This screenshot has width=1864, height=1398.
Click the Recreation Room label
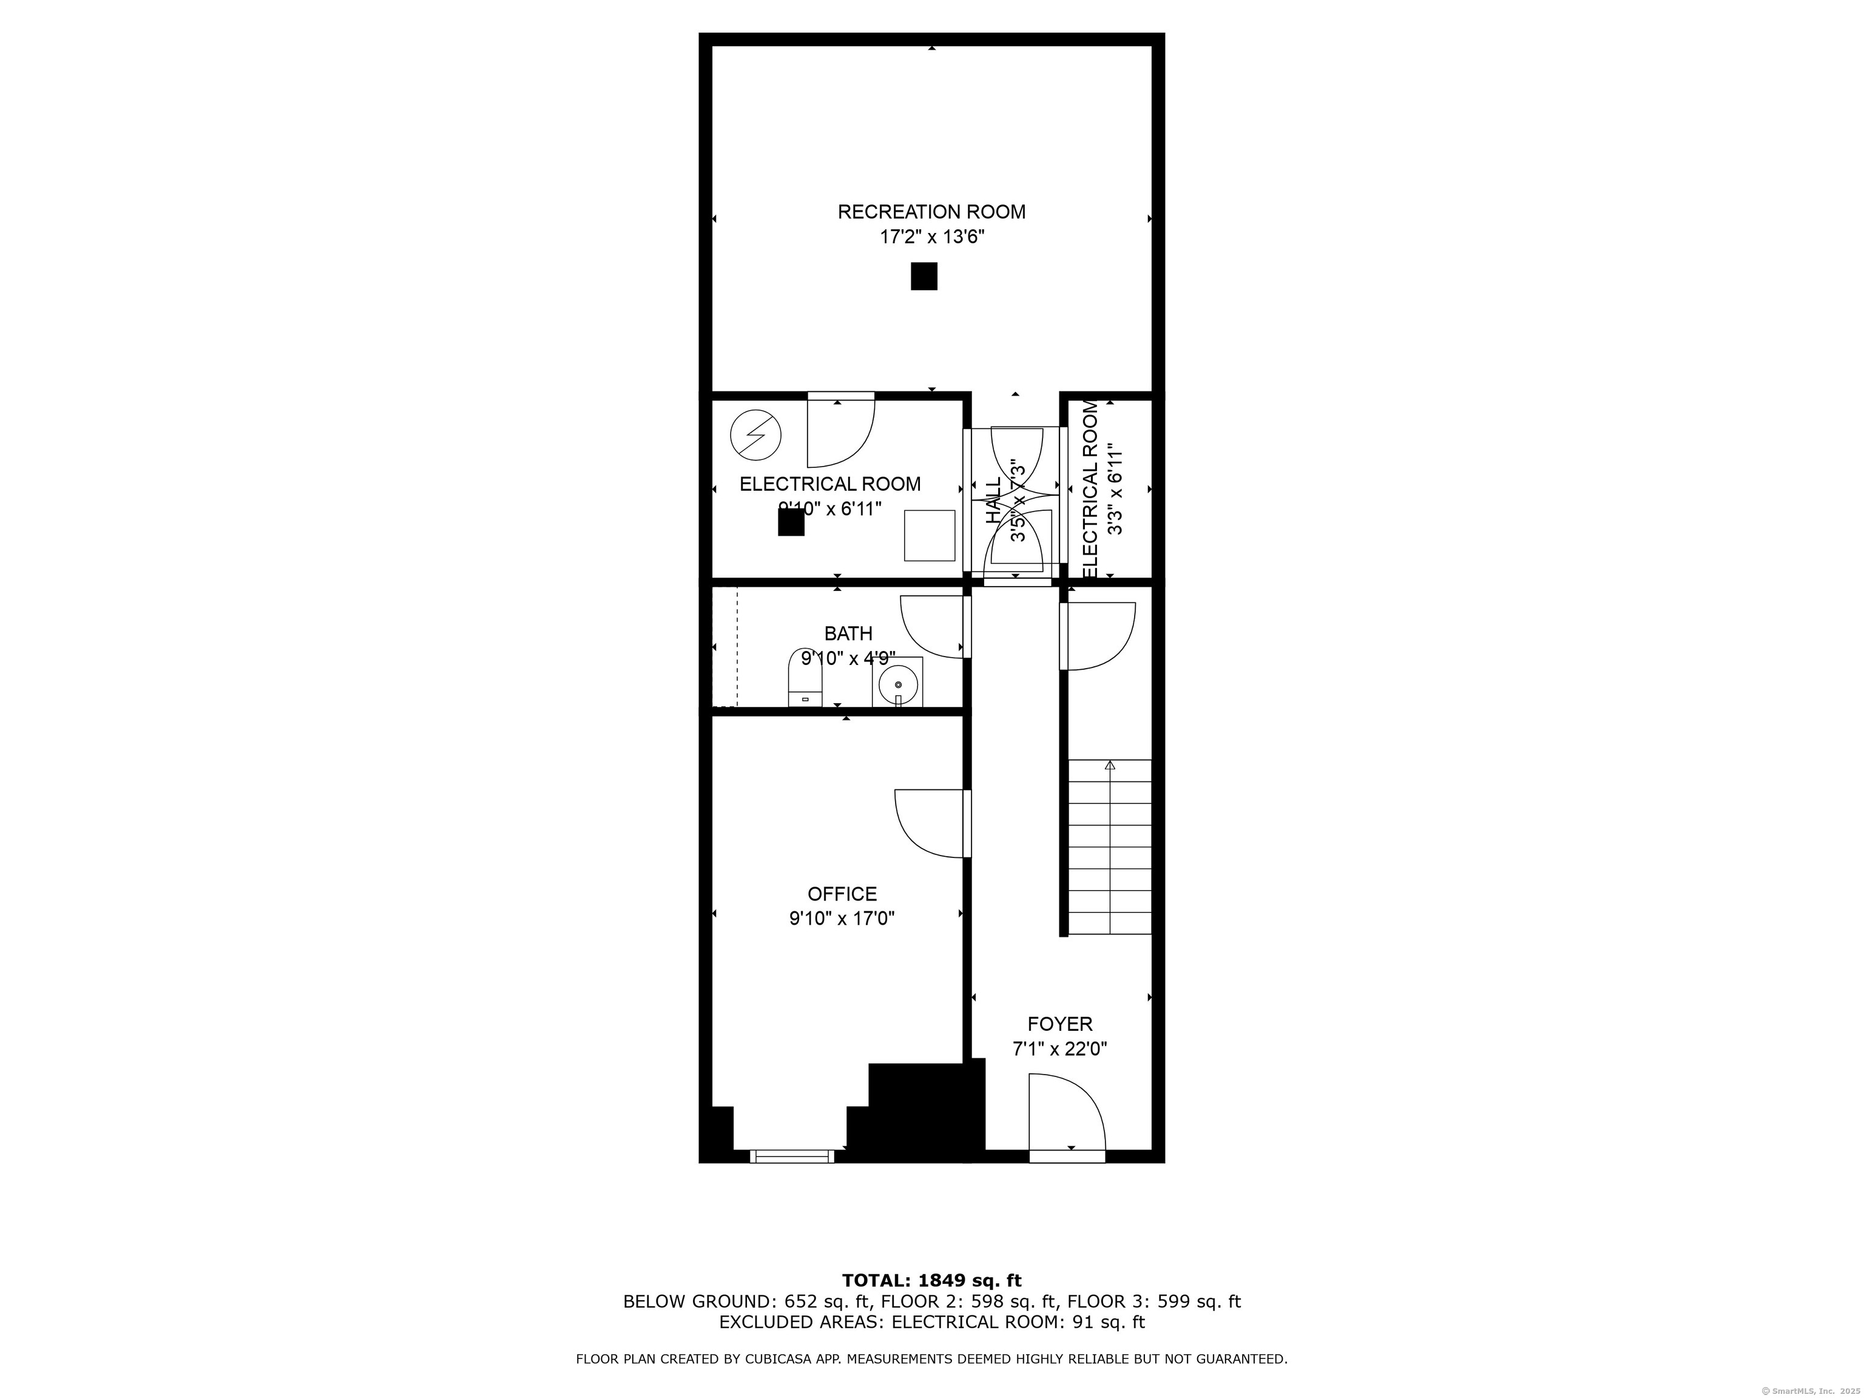pyautogui.click(x=931, y=212)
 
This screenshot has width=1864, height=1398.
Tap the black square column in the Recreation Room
pyautogui.click(x=924, y=277)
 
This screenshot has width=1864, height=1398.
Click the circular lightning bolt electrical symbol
pyautogui.click(x=755, y=435)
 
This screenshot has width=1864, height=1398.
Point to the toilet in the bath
pyautogui.click(x=805, y=678)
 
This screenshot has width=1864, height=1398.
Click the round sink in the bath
pyautogui.click(x=898, y=683)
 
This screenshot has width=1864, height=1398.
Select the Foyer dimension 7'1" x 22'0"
pyautogui.click(x=1059, y=1049)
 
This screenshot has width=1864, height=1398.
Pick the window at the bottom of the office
pyautogui.click(x=791, y=1156)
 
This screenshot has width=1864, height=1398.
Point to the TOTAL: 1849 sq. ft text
pyautogui.click(x=931, y=1281)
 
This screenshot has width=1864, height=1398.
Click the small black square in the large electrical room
pyautogui.click(x=791, y=522)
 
